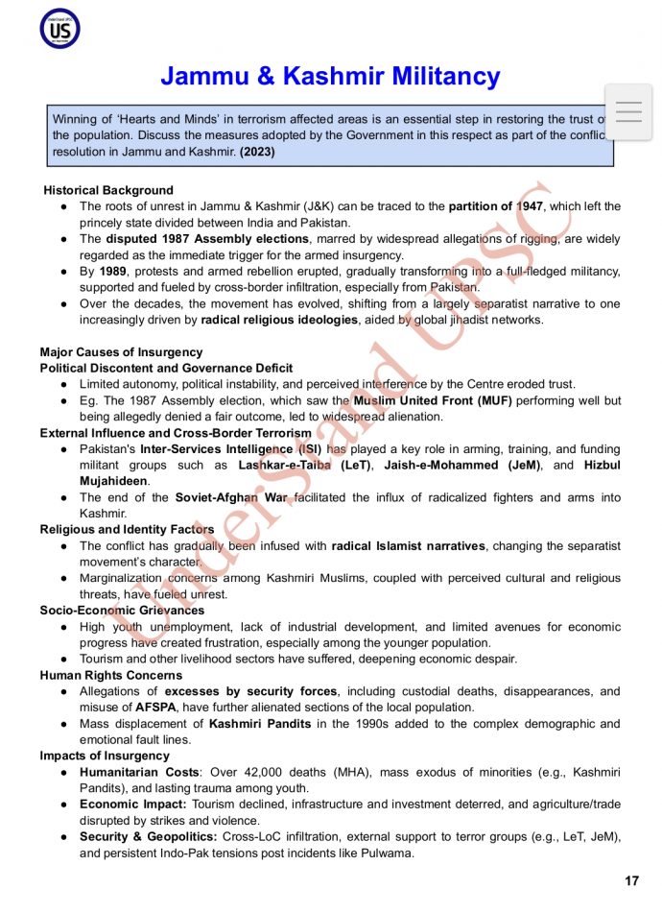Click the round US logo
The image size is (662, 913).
[x=59, y=29]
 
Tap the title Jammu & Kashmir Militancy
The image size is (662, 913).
[x=330, y=76]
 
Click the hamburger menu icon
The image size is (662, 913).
[x=628, y=112]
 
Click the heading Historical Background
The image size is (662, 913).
[x=108, y=190]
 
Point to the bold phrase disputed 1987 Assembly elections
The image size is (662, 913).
[x=207, y=239]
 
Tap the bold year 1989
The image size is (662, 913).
[x=112, y=272]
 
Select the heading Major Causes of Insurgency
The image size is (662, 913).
[x=121, y=352]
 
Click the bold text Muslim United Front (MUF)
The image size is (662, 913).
[x=433, y=400]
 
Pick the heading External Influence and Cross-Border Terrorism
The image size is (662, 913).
[x=176, y=433]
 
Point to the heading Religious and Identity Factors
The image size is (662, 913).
[x=127, y=529]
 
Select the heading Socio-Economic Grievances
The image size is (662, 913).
[x=122, y=610]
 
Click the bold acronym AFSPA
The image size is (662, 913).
[x=156, y=708]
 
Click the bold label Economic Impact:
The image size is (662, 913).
[x=133, y=805]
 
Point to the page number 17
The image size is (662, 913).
[x=631, y=881]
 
